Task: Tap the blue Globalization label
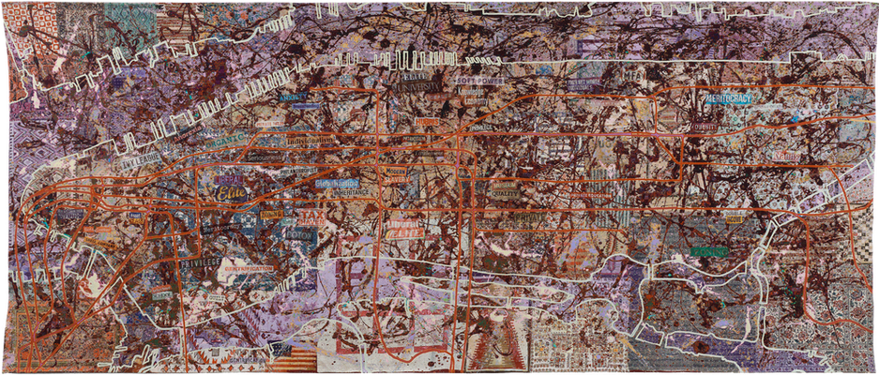(335, 183)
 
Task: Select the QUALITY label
(496, 185)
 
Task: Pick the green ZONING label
(709, 250)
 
